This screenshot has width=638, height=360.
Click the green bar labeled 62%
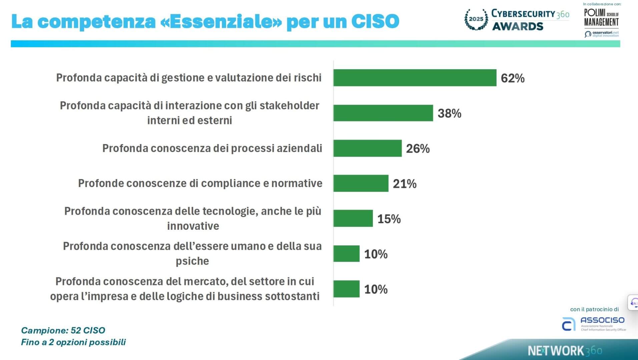tap(415, 78)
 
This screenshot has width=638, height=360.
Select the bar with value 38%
tap(383, 113)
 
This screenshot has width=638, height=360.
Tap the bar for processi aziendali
tap(367, 148)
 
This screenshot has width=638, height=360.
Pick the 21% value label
tap(405, 184)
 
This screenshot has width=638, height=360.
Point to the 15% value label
tap(389, 219)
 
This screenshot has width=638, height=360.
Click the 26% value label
tap(418, 149)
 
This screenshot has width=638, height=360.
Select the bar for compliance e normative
tap(361, 183)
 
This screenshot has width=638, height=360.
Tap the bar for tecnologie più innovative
tap(353, 219)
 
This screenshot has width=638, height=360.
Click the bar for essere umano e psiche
tap(346, 254)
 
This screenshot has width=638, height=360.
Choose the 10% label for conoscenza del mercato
tap(376, 289)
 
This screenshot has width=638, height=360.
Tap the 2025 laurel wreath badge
tap(476, 19)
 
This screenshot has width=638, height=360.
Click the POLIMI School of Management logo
tap(601, 17)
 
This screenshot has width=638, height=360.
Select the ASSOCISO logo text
tap(602, 320)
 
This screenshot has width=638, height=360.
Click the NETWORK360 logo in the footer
tap(564, 351)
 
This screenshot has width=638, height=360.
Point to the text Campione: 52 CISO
tap(63, 330)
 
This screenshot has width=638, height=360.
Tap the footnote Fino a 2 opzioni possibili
tap(73, 342)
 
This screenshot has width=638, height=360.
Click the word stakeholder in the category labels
tap(289, 106)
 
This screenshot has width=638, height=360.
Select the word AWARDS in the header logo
tap(518, 26)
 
